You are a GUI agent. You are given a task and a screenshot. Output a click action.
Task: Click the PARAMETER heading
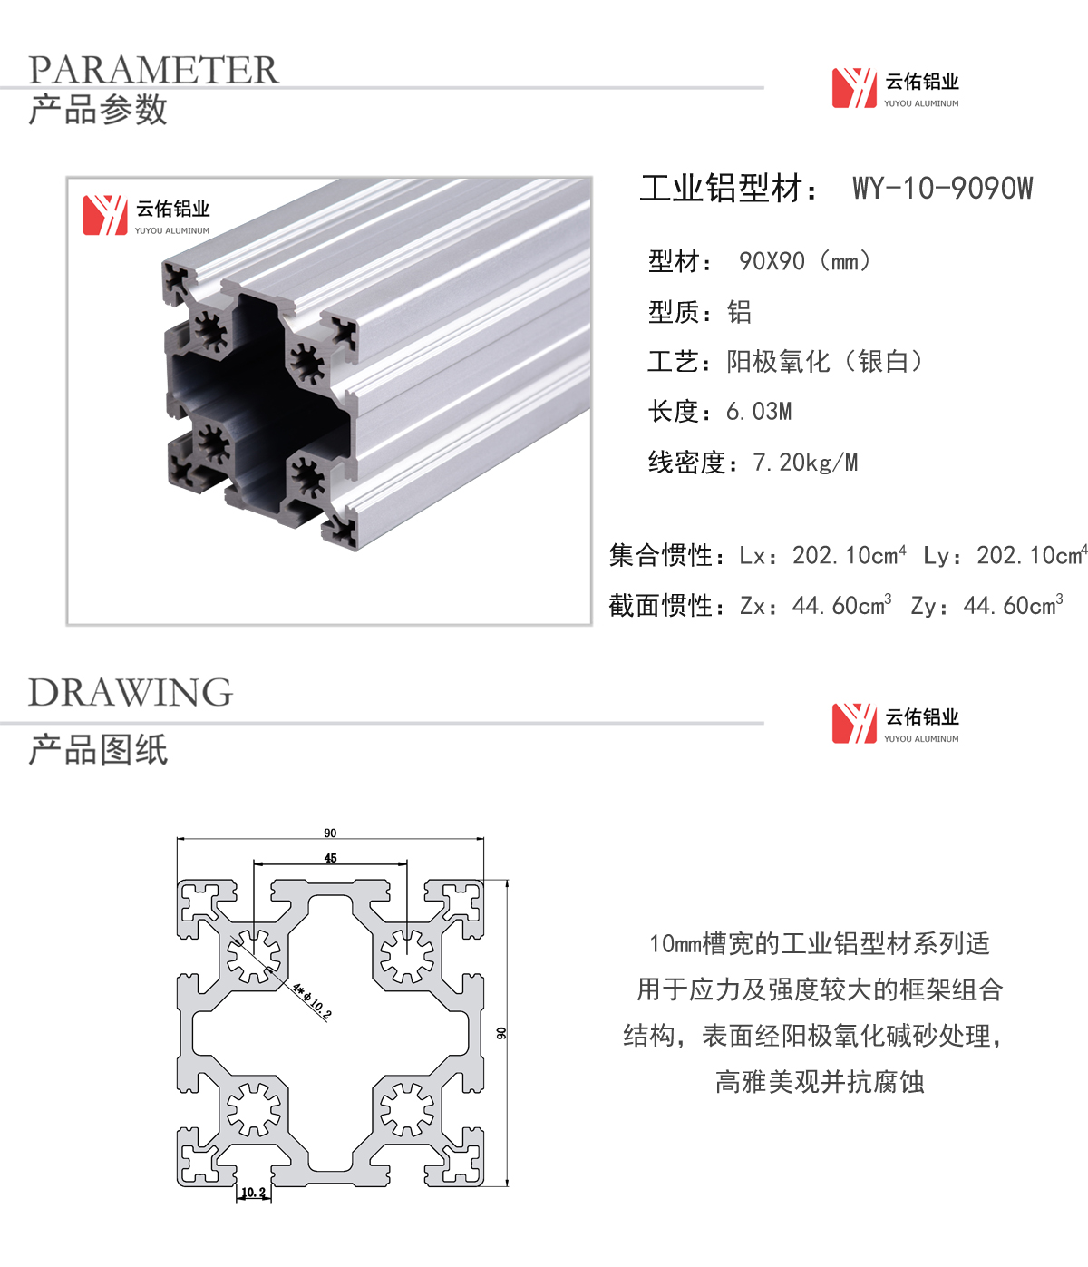tap(153, 69)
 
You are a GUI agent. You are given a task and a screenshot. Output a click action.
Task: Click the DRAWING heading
tap(131, 692)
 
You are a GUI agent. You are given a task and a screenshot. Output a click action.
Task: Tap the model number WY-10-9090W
tap(943, 188)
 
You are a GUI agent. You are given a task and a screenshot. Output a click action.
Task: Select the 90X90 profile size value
tap(771, 261)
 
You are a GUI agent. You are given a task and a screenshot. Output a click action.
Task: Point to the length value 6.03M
tap(759, 412)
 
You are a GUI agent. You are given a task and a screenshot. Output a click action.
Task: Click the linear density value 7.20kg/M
tap(805, 463)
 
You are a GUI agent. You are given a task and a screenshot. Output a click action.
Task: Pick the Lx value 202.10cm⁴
tap(849, 555)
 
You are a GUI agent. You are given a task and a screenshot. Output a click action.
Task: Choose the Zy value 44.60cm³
tap(1013, 605)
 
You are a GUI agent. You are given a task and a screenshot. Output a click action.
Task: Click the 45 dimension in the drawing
tap(330, 858)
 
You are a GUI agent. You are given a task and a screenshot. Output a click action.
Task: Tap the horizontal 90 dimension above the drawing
tap(330, 833)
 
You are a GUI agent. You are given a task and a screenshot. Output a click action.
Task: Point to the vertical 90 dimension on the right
tap(501, 1033)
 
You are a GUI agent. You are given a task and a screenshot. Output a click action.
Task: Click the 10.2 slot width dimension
tap(254, 1193)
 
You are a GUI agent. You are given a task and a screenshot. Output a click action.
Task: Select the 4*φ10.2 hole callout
tap(311, 1001)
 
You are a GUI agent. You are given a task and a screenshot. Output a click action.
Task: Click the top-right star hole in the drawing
tap(407, 956)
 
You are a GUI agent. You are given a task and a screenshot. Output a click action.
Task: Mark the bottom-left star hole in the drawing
tap(254, 1109)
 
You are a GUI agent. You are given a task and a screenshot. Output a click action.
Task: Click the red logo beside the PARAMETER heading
tap(854, 88)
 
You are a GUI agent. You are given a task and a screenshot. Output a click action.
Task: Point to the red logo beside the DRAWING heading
tap(854, 724)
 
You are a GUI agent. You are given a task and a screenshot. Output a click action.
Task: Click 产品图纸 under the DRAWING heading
tap(98, 749)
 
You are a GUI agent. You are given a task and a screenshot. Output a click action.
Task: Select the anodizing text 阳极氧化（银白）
tap(824, 361)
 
